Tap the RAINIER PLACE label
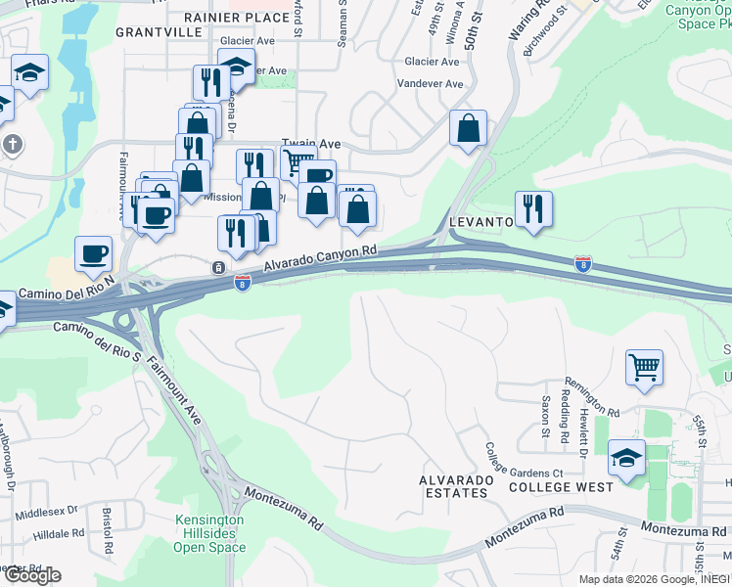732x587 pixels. [x=237, y=17]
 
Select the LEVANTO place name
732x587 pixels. [x=481, y=222]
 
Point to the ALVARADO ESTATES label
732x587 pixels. [x=453, y=486]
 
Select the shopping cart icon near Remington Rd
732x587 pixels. [x=644, y=368]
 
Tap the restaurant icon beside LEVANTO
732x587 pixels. [x=533, y=208]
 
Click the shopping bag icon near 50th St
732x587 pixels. [x=469, y=127]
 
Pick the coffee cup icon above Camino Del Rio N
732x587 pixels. [x=94, y=253]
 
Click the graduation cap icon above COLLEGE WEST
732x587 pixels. [x=626, y=457]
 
